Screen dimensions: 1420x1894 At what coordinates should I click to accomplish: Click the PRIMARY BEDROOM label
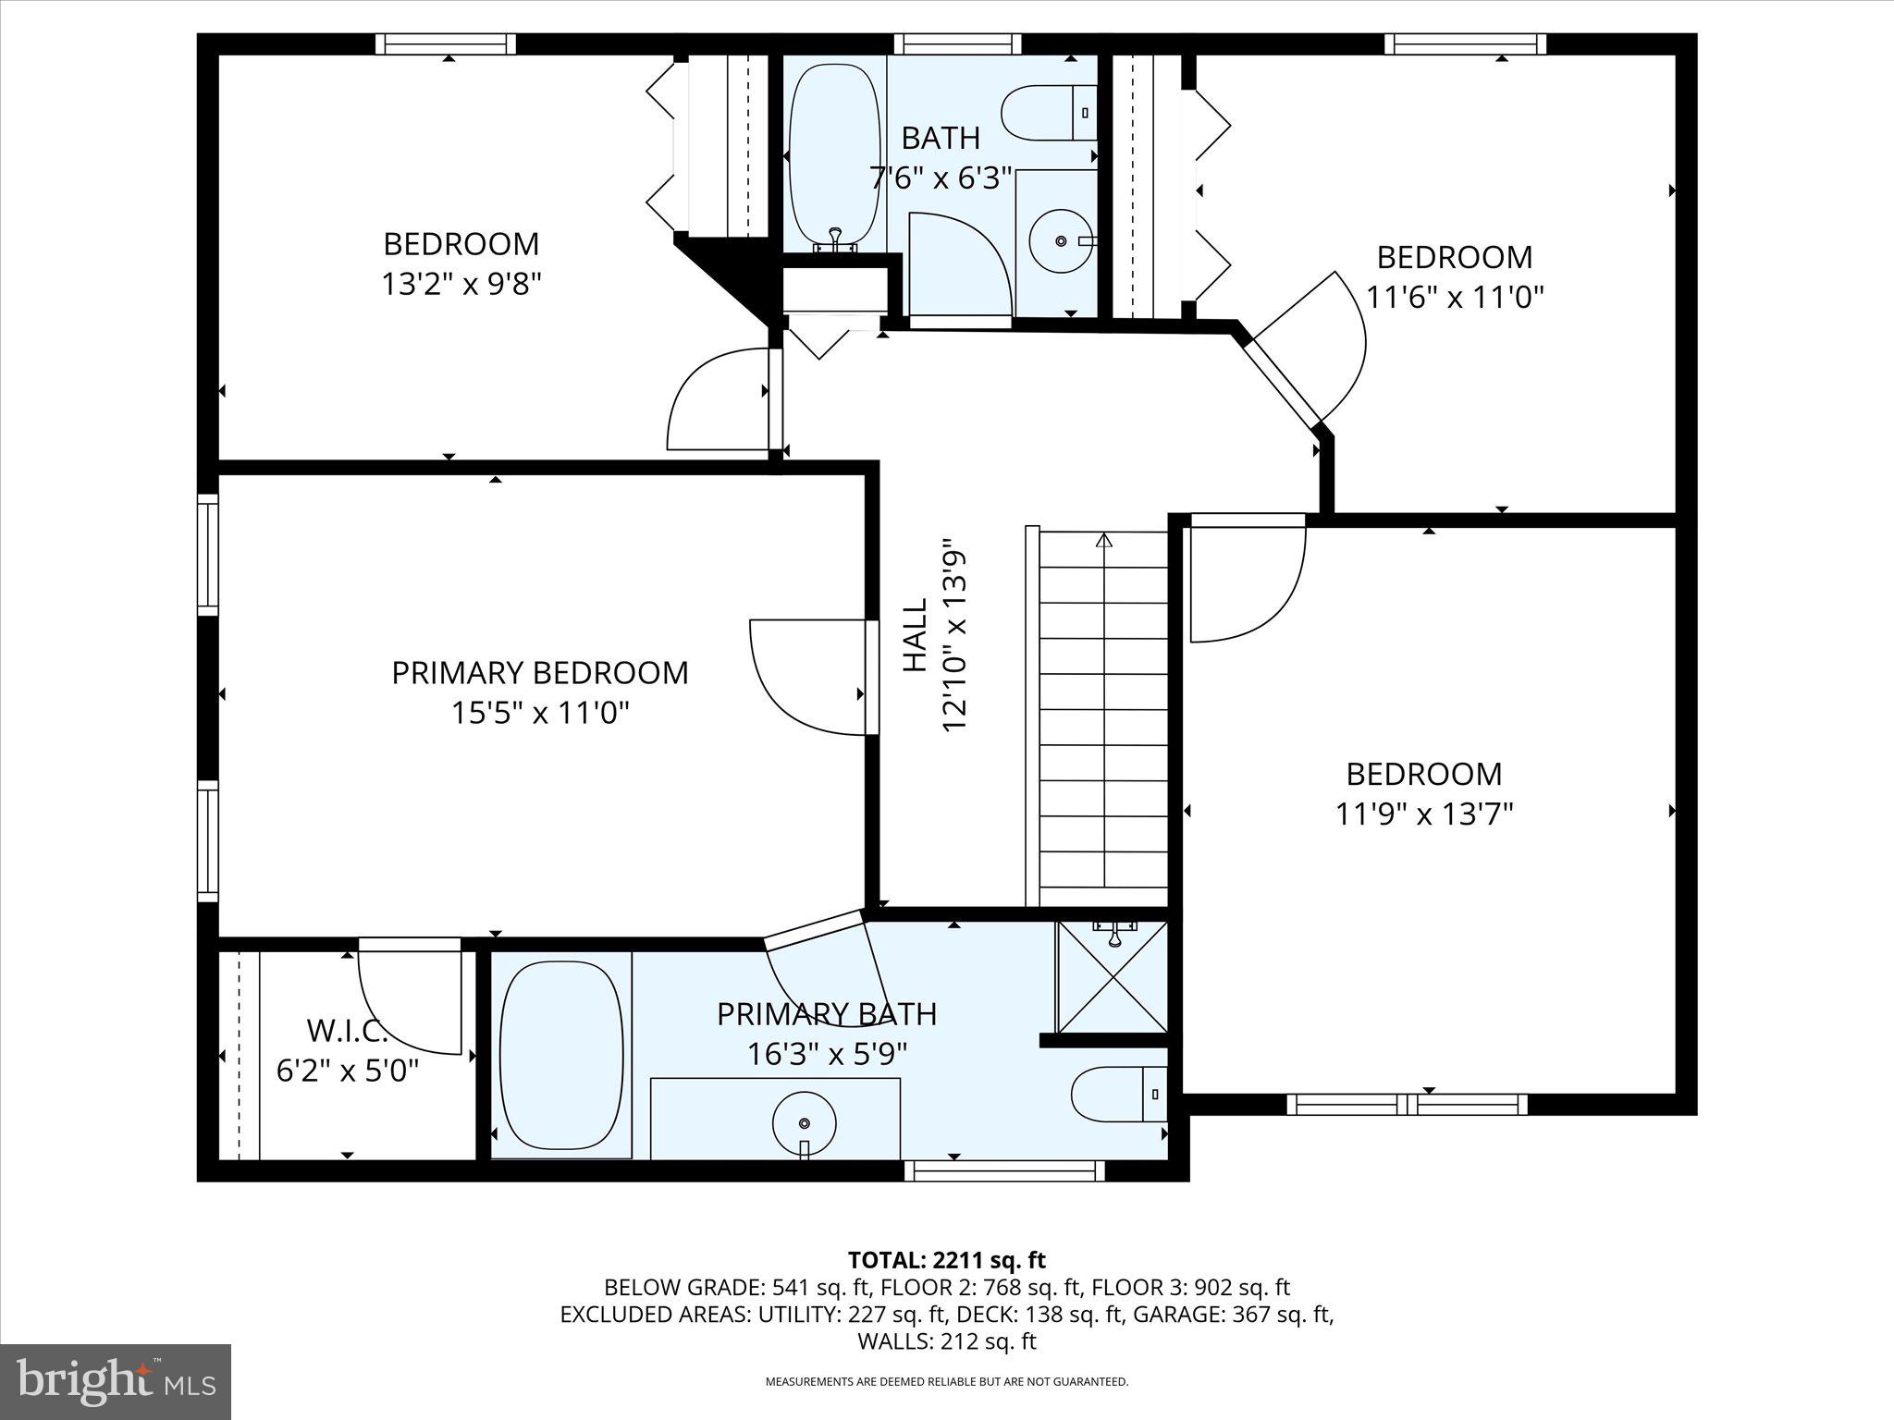(540, 672)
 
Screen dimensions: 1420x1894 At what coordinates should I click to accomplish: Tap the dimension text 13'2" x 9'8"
(461, 284)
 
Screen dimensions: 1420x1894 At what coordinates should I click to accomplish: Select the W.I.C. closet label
(346, 1030)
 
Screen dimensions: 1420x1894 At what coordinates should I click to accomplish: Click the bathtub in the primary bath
(560, 1056)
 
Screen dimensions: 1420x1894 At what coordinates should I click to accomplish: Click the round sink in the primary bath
(804, 1122)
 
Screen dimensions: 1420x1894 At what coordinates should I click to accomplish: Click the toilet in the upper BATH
(1050, 113)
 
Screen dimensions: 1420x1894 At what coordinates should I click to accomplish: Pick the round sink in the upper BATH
(1060, 240)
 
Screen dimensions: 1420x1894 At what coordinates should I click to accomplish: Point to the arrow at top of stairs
(1102, 540)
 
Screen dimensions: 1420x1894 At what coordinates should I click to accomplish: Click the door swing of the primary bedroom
(806, 677)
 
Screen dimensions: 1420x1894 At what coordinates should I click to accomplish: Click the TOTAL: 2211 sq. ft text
(946, 1259)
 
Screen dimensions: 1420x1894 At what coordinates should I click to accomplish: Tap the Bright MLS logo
(116, 1382)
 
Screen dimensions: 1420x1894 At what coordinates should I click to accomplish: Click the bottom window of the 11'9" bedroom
(1407, 1104)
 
